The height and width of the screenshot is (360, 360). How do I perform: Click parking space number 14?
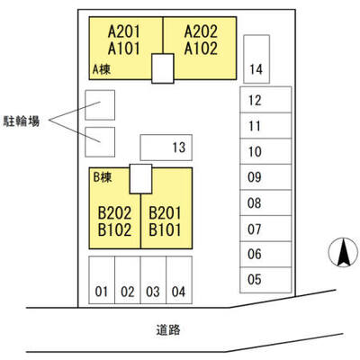click(256, 59)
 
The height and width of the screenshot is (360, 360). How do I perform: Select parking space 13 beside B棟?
click(166, 148)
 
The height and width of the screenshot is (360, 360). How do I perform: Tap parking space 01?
click(102, 280)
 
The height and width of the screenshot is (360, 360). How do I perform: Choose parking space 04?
click(179, 280)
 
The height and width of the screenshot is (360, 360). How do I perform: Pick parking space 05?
click(265, 280)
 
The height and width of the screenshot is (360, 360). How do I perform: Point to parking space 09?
click(265, 177)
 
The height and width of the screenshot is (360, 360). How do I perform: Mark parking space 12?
click(265, 100)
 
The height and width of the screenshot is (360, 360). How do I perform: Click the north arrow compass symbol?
click(344, 252)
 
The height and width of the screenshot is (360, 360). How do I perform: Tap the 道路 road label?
click(168, 329)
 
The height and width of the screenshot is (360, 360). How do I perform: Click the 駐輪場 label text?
click(22, 121)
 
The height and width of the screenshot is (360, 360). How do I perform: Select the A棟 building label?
click(102, 69)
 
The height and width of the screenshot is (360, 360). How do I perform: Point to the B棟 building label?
click(103, 177)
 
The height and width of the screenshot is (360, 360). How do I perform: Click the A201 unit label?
click(124, 31)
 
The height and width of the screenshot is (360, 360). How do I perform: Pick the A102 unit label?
click(201, 49)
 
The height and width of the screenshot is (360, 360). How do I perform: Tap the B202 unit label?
click(115, 213)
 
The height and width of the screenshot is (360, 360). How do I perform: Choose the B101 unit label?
click(165, 230)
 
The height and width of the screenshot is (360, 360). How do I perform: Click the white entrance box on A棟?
click(163, 68)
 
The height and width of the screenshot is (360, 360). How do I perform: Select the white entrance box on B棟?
click(140, 179)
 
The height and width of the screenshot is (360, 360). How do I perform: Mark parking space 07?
click(265, 229)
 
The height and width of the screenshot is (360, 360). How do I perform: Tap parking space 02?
click(128, 280)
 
